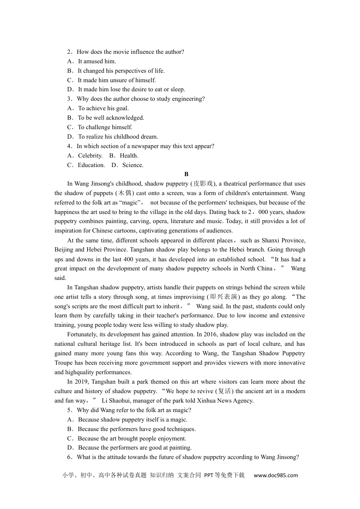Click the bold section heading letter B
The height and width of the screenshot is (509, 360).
(186, 174)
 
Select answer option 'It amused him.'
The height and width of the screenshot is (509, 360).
(97, 61)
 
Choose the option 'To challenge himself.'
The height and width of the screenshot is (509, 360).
(105, 127)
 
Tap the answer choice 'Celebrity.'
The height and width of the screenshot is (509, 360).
(90, 156)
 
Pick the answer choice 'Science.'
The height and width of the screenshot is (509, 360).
(133, 165)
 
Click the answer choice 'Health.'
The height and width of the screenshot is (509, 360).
(129, 156)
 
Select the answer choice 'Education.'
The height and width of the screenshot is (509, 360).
(91, 165)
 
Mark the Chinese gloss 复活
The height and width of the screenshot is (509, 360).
(224, 391)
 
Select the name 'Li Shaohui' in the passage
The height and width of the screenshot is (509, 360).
(116, 401)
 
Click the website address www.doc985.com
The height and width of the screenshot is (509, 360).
(276, 475)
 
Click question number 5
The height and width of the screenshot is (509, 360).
(69, 410)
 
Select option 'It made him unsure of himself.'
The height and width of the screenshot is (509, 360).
(117, 80)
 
